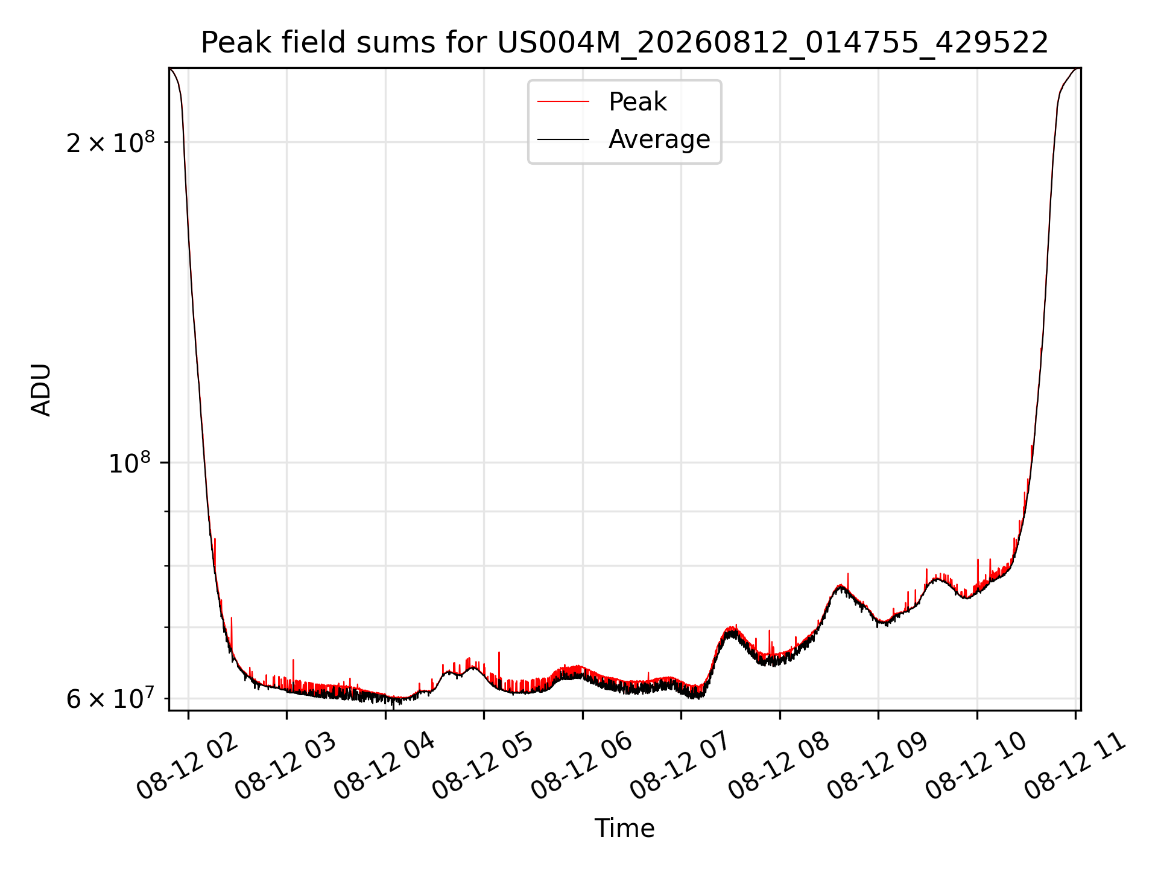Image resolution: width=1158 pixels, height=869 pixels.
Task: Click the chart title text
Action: coord(624,43)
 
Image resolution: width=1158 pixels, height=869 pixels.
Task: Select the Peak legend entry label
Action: coord(638,102)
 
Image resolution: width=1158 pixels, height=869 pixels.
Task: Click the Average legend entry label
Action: coord(659,139)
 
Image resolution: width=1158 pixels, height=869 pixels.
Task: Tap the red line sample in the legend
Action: coord(563,102)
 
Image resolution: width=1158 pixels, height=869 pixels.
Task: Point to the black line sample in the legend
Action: coord(563,139)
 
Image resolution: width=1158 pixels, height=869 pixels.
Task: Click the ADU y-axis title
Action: coord(41,389)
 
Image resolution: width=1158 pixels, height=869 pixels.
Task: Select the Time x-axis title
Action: coord(624,829)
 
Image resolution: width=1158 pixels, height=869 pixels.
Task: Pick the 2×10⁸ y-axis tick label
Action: coord(110,142)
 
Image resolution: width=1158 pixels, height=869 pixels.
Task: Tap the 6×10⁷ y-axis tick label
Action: coord(110,698)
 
